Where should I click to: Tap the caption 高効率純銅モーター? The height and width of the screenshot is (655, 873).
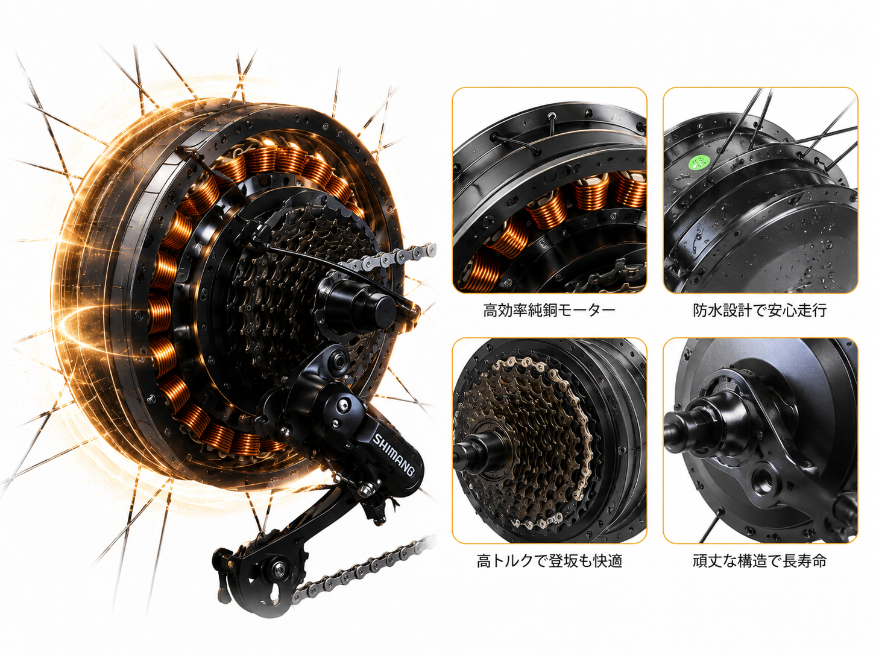549,310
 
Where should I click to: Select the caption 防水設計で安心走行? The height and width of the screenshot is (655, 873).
760,310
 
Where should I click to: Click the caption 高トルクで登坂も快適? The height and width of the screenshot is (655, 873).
549,561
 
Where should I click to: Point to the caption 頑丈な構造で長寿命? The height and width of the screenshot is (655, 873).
760,561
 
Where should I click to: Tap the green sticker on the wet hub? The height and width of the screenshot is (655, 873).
699,162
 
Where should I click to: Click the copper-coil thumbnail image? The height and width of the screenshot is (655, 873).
549,190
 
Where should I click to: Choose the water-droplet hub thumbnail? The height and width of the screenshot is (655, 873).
760,190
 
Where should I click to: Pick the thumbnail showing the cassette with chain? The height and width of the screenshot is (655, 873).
549,441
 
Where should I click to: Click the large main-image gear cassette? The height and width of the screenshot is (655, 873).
302,279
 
